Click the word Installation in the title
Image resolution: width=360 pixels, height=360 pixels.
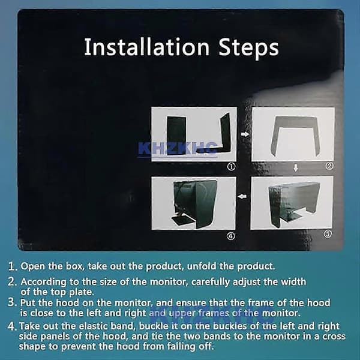(147, 47)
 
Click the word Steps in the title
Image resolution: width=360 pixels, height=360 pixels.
(248, 48)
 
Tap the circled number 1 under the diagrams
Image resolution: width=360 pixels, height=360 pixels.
(231, 167)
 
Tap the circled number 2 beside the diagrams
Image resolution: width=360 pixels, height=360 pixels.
(329, 166)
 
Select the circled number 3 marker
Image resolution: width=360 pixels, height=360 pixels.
(328, 234)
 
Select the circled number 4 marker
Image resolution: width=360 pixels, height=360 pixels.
(231, 236)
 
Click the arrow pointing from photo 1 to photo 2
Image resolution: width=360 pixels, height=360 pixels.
(245, 134)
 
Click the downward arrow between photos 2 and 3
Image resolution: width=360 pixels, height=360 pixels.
(296, 168)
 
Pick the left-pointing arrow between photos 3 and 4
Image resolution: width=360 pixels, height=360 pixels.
(242, 197)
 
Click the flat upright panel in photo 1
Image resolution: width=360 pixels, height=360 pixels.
(176, 136)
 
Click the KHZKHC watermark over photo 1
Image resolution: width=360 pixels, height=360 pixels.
(178, 149)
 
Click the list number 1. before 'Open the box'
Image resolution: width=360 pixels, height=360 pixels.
(13, 266)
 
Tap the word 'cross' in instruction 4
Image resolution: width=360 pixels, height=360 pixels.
(334, 337)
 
